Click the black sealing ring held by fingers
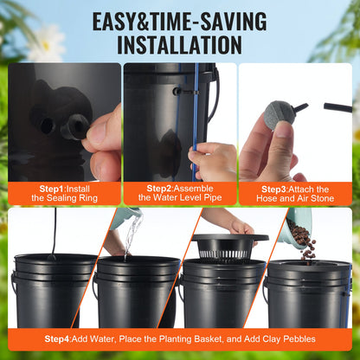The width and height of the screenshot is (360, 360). click(74, 126)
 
